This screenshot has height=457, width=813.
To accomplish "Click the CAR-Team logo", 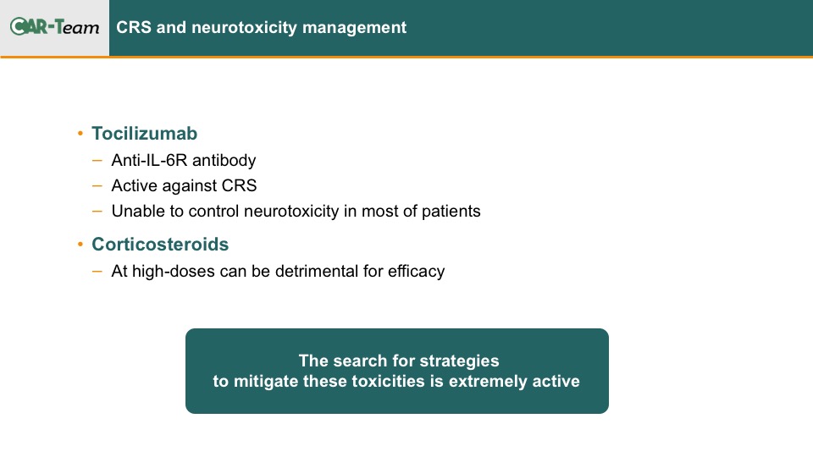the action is [54, 26].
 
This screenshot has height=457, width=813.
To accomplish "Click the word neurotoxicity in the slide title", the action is [244, 27].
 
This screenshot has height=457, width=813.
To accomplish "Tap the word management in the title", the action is [355, 27].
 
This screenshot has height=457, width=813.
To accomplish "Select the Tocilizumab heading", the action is [144, 134].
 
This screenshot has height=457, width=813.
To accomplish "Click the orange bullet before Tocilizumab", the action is [80, 134].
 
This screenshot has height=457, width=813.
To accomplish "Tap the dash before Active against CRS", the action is [97, 185].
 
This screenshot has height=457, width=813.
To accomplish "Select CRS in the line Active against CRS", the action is [239, 185].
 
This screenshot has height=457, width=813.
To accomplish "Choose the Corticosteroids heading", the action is [160, 244].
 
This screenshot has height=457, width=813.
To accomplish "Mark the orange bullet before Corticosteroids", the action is [80, 244].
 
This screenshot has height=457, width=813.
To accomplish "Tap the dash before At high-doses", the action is [97, 272].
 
